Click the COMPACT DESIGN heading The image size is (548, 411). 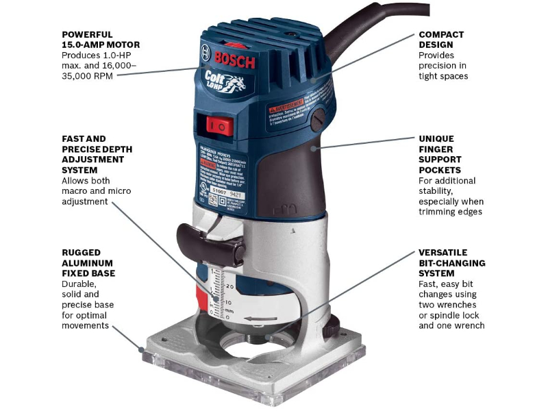click(x=441, y=39)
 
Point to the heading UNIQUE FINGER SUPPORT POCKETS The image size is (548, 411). click(x=439, y=154)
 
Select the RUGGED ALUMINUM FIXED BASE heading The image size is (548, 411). click(x=88, y=262)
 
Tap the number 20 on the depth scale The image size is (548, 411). click(x=229, y=286)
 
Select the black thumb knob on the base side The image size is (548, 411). click(x=332, y=327)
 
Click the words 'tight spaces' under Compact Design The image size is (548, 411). click(x=443, y=76)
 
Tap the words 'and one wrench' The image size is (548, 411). click(x=451, y=325)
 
